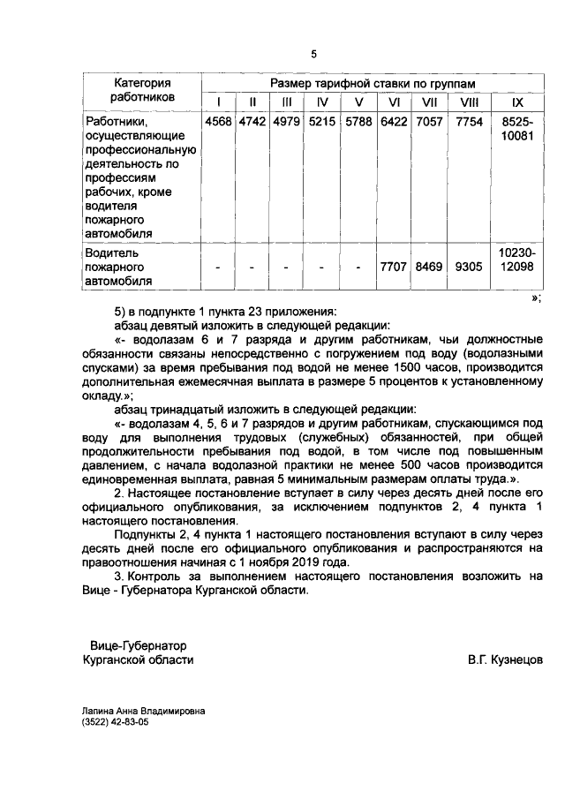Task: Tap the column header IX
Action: click(517, 102)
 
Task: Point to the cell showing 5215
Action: click(322, 121)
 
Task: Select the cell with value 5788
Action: click(358, 121)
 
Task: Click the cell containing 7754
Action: click(470, 121)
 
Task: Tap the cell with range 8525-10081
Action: click(517, 129)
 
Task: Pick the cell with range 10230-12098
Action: click(517, 259)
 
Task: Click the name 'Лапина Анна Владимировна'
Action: click(142, 709)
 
